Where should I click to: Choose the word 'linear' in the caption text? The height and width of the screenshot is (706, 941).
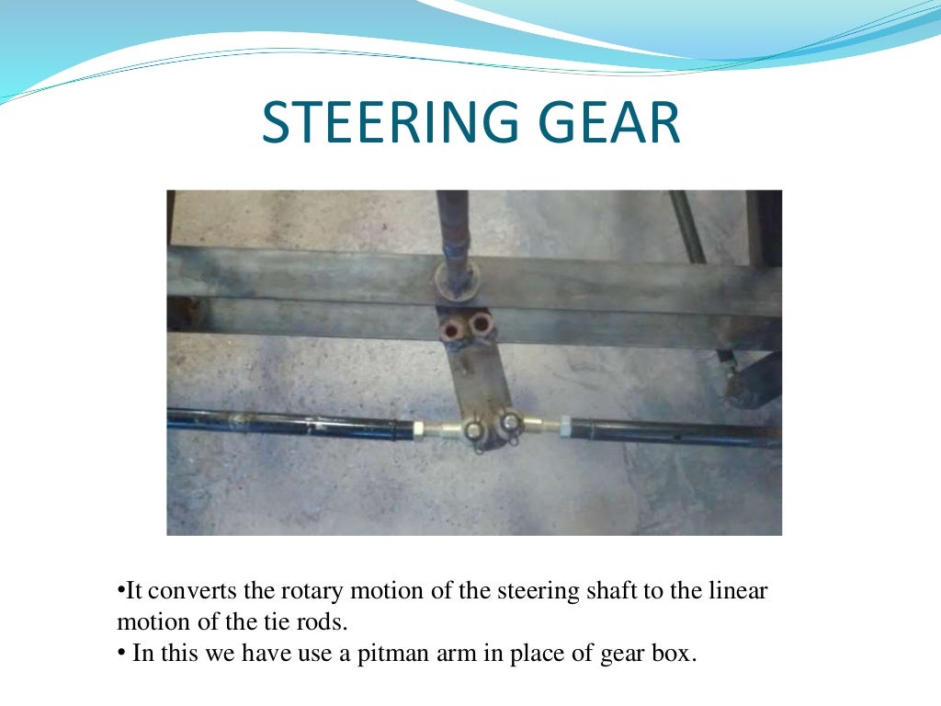pyautogui.click(x=734, y=591)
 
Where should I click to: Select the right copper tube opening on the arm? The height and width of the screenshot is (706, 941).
pyautogui.click(x=482, y=325)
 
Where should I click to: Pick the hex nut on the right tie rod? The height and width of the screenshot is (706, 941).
pyautogui.click(x=564, y=426)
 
